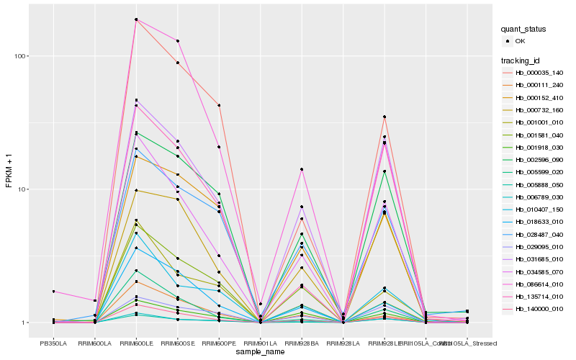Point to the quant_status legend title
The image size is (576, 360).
523,30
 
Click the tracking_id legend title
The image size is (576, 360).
522,60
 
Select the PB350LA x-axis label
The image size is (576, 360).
53,344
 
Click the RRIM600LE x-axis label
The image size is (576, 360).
136,344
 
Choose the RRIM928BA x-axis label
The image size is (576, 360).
302,344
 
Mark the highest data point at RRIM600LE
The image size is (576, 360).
136,19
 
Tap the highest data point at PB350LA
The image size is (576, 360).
53,292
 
